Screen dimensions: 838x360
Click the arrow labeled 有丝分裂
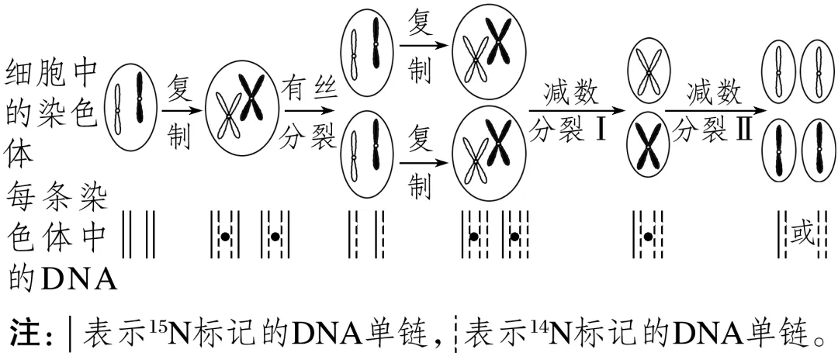(309, 110)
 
